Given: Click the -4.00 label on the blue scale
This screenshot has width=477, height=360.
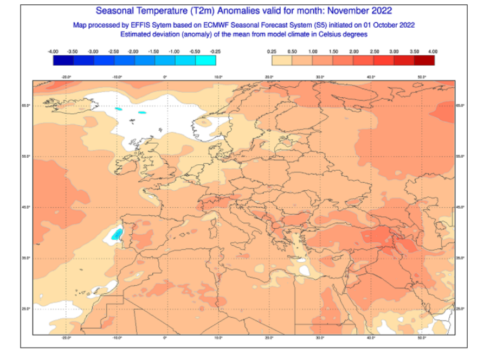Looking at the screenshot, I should pyautogui.click(x=53, y=51).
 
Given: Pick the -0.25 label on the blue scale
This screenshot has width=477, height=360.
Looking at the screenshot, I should pyautogui.click(x=216, y=51).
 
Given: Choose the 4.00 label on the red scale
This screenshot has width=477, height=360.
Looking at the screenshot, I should pyautogui.click(x=432, y=51).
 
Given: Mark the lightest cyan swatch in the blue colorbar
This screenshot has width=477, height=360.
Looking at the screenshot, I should pyautogui.click(x=207, y=60).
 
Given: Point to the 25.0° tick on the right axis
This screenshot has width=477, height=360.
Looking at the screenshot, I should pyautogui.click(x=460, y=308).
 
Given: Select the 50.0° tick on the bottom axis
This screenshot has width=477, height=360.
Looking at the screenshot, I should pyautogui.click(x=421, y=337).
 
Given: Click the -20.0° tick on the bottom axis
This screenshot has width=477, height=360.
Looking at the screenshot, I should pyautogui.click(x=66, y=337).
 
